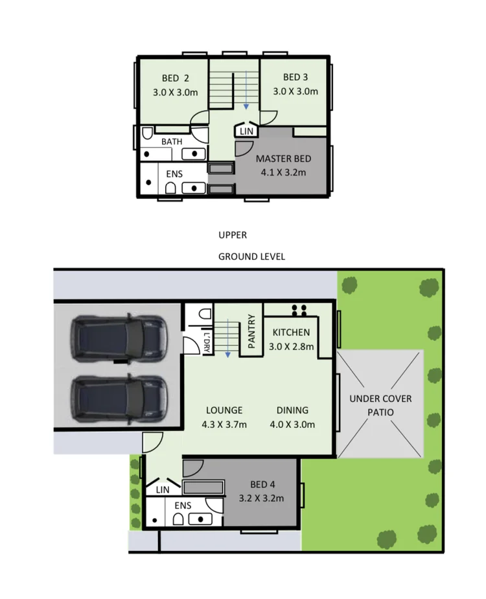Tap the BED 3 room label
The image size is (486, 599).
(x=295, y=77)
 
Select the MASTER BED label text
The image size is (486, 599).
(x=283, y=159)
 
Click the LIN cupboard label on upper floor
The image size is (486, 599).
(x=246, y=131)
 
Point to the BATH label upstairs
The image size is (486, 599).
(x=172, y=141)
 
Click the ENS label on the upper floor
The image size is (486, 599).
(x=174, y=174)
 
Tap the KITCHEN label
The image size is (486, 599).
(x=291, y=333)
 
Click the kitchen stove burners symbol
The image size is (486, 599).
(x=299, y=309)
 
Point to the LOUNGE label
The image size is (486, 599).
(x=224, y=410)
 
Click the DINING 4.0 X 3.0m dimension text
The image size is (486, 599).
(x=292, y=425)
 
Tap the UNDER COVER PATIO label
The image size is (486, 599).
(x=380, y=405)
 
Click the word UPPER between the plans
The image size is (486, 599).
(x=233, y=235)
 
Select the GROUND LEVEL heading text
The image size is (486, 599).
(x=251, y=257)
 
